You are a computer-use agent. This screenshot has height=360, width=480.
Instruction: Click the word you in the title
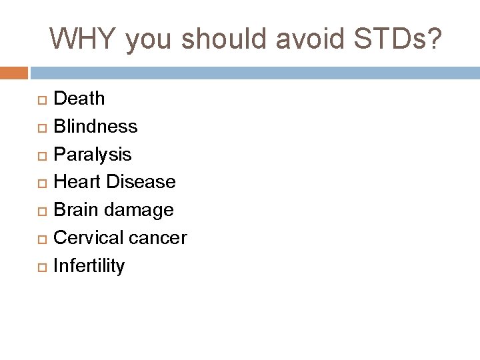pyautogui.click(x=146, y=40)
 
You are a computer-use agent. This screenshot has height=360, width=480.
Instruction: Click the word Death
pyautogui.click(x=79, y=99)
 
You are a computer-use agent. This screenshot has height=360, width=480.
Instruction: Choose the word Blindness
pyautogui.click(x=95, y=126)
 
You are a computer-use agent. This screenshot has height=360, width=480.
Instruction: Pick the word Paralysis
pyautogui.click(x=92, y=155)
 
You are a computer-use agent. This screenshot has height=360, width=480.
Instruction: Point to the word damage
pyautogui.click(x=141, y=211)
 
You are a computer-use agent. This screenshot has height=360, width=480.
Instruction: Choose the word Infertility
pyautogui.click(x=89, y=266)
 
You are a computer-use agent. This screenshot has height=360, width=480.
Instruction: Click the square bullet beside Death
pyautogui.click(x=41, y=99)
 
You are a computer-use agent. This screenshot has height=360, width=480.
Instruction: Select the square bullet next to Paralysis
pyautogui.click(x=41, y=155)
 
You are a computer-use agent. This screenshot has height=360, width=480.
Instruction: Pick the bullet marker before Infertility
pyautogui.click(x=41, y=267)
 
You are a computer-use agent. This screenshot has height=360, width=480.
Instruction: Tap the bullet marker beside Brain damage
pyautogui.click(x=41, y=211)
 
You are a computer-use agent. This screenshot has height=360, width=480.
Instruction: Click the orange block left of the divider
pyautogui.click(x=13, y=71)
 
